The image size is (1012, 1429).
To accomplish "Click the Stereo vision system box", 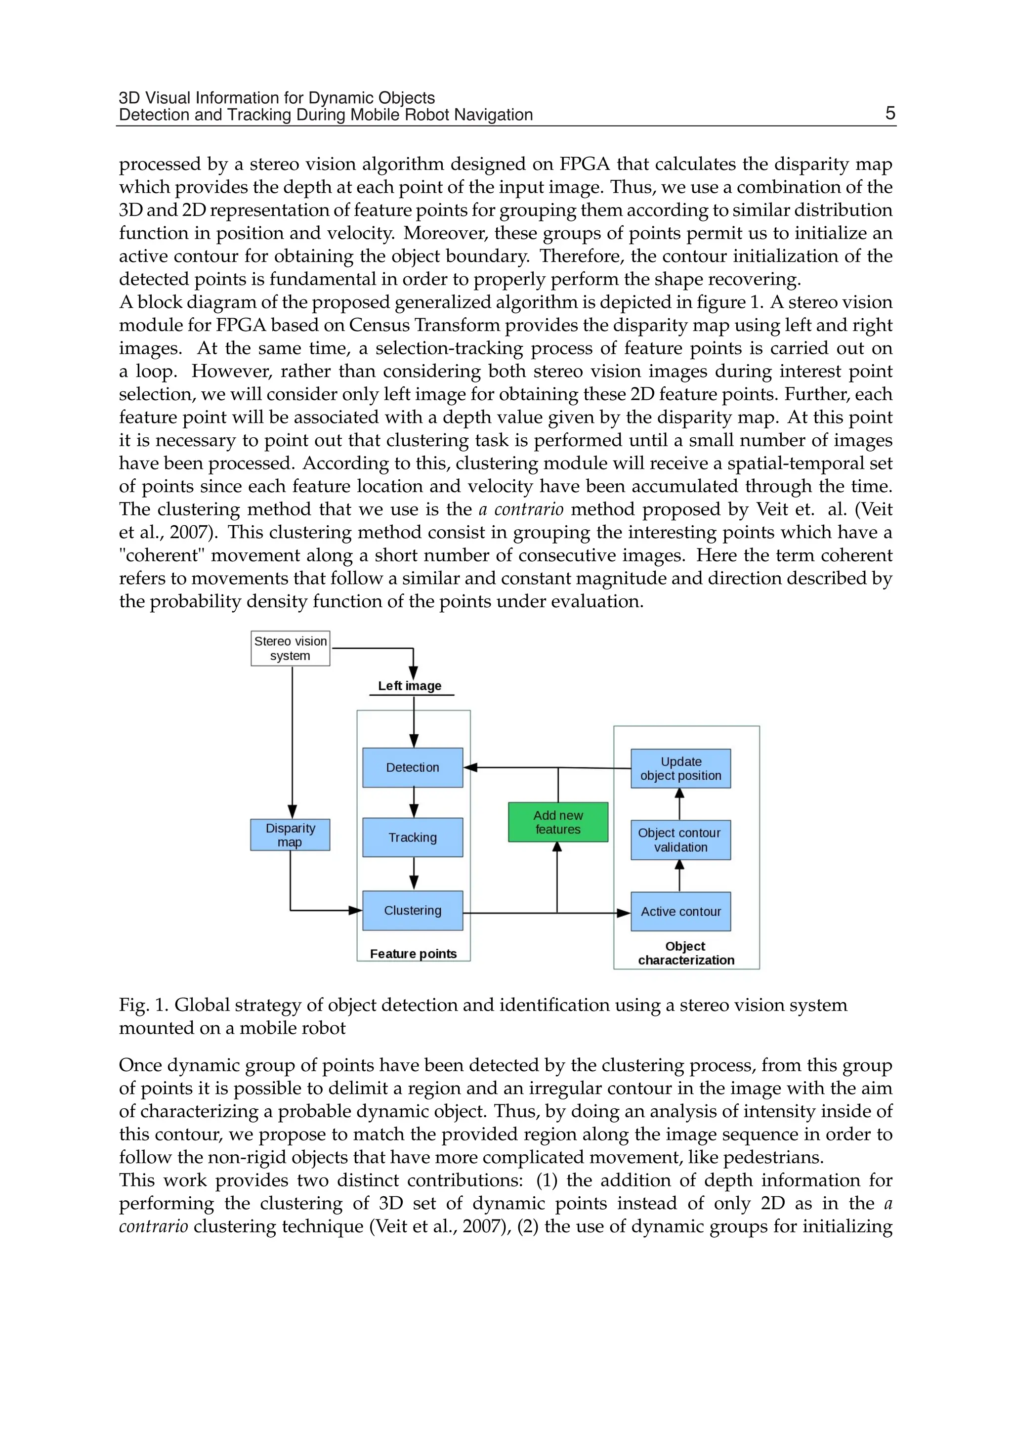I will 291,648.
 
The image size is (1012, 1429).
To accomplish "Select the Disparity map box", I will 291,835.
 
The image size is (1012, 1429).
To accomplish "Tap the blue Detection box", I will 413,767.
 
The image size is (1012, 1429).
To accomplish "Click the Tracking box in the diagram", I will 413,837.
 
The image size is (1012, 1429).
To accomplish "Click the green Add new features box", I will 558,822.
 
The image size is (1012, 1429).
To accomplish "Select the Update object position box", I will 680,768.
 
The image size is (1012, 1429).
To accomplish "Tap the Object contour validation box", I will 680,840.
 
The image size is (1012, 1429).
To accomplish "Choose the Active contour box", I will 680,911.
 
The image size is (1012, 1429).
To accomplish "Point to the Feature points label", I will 413,954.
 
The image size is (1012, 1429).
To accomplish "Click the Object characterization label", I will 686,953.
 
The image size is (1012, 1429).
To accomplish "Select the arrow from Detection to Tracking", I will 414,802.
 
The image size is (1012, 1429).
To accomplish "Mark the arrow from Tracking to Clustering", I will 414,874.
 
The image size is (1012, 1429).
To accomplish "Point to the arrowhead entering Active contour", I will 624,913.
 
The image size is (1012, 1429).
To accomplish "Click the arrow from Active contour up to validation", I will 679,876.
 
